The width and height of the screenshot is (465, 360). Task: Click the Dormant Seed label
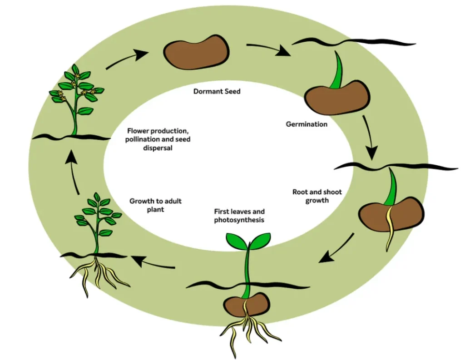click(x=217, y=91)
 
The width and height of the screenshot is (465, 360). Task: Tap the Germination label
click(x=307, y=124)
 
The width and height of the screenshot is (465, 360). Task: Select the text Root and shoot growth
click(x=317, y=196)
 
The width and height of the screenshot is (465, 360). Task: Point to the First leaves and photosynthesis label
click(x=239, y=216)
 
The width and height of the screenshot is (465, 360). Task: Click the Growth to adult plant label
click(x=156, y=205)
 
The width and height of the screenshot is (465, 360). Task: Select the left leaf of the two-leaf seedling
click(x=236, y=239)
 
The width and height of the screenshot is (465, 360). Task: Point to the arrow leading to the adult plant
click(x=153, y=263)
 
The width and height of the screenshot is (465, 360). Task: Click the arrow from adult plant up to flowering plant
click(x=73, y=173)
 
